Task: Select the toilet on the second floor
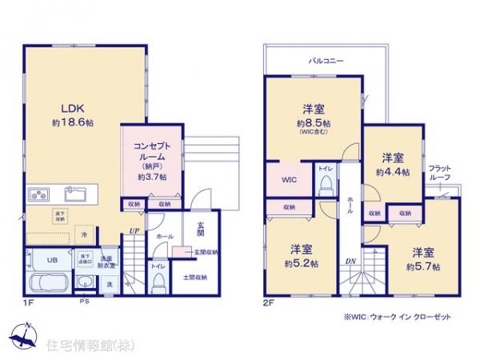tap(326, 185)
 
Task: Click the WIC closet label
tap(289, 180)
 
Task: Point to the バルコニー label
tap(327, 60)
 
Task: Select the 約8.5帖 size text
tap(312, 124)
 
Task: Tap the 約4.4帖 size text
tap(392, 172)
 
